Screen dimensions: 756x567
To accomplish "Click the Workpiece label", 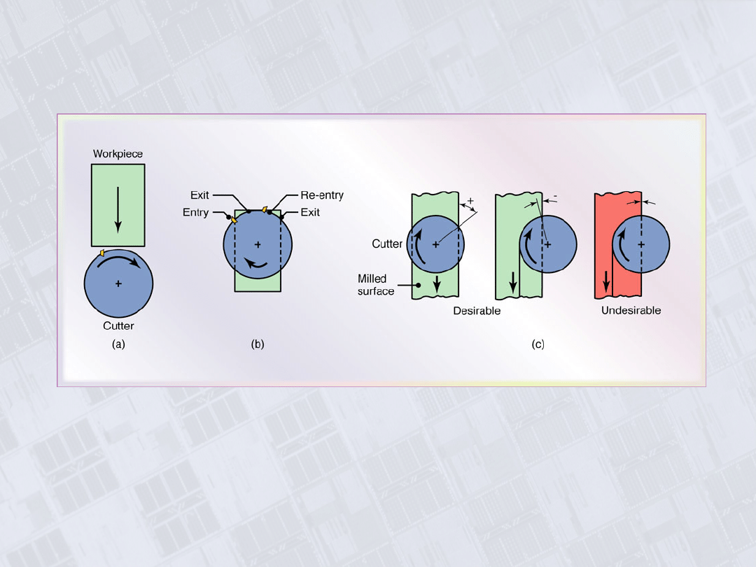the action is tap(118, 154).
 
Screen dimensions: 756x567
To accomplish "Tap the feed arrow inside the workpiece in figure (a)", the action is tap(118, 210).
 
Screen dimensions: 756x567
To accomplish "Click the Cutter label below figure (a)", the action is tap(118, 326).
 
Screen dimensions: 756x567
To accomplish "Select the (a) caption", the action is tap(118, 344).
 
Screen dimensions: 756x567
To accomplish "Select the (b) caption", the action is tap(258, 344).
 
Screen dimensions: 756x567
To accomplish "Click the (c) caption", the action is tap(538, 344).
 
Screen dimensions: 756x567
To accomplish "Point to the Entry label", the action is tap(195, 213).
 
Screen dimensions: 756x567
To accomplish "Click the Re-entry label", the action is tap(322, 195).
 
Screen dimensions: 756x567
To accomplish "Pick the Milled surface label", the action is tap(376, 285).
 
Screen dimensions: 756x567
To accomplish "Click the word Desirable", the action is tap(477, 311).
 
